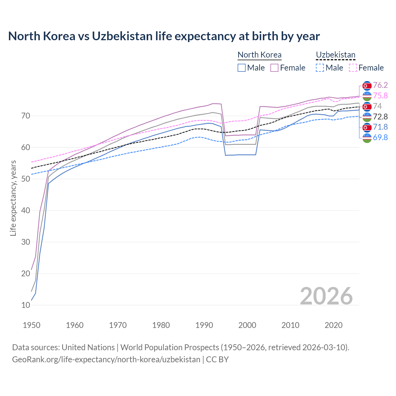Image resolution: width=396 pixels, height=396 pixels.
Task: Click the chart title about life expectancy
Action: click(x=164, y=36)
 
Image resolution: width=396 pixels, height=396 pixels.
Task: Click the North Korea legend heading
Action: click(x=259, y=55)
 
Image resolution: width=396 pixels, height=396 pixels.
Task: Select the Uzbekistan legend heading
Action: click(x=335, y=55)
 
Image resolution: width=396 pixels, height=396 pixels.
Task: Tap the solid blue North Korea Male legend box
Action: click(x=242, y=68)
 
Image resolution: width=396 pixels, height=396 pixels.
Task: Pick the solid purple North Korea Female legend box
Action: click(x=274, y=68)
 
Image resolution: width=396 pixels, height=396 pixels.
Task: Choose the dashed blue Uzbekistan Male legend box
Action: click(x=320, y=68)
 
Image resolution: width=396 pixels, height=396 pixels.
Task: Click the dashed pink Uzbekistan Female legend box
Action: click(x=353, y=68)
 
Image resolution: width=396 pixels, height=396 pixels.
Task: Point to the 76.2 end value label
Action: click(x=380, y=85)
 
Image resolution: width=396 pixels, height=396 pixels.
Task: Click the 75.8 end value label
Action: click(x=380, y=96)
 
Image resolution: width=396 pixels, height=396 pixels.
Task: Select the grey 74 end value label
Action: click(x=377, y=106)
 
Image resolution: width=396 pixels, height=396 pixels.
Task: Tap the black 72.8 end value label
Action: click(x=380, y=117)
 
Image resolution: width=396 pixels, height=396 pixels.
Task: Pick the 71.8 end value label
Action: click(x=380, y=127)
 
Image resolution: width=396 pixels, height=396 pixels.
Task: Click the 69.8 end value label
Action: click(x=380, y=137)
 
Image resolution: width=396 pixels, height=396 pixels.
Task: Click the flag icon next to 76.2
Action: click(x=367, y=85)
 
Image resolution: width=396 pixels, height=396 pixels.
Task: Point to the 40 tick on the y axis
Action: click(x=26, y=210)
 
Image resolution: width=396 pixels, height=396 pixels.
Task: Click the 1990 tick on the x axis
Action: click(x=204, y=325)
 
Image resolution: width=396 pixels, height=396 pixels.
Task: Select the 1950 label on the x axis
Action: click(x=32, y=325)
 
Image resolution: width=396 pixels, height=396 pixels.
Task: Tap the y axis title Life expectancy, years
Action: click(x=13, y=198)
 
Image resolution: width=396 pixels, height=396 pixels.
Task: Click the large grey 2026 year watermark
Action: click(x=326, y=296)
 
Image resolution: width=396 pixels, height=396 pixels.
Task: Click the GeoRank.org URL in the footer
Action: click(x=106, y=359)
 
